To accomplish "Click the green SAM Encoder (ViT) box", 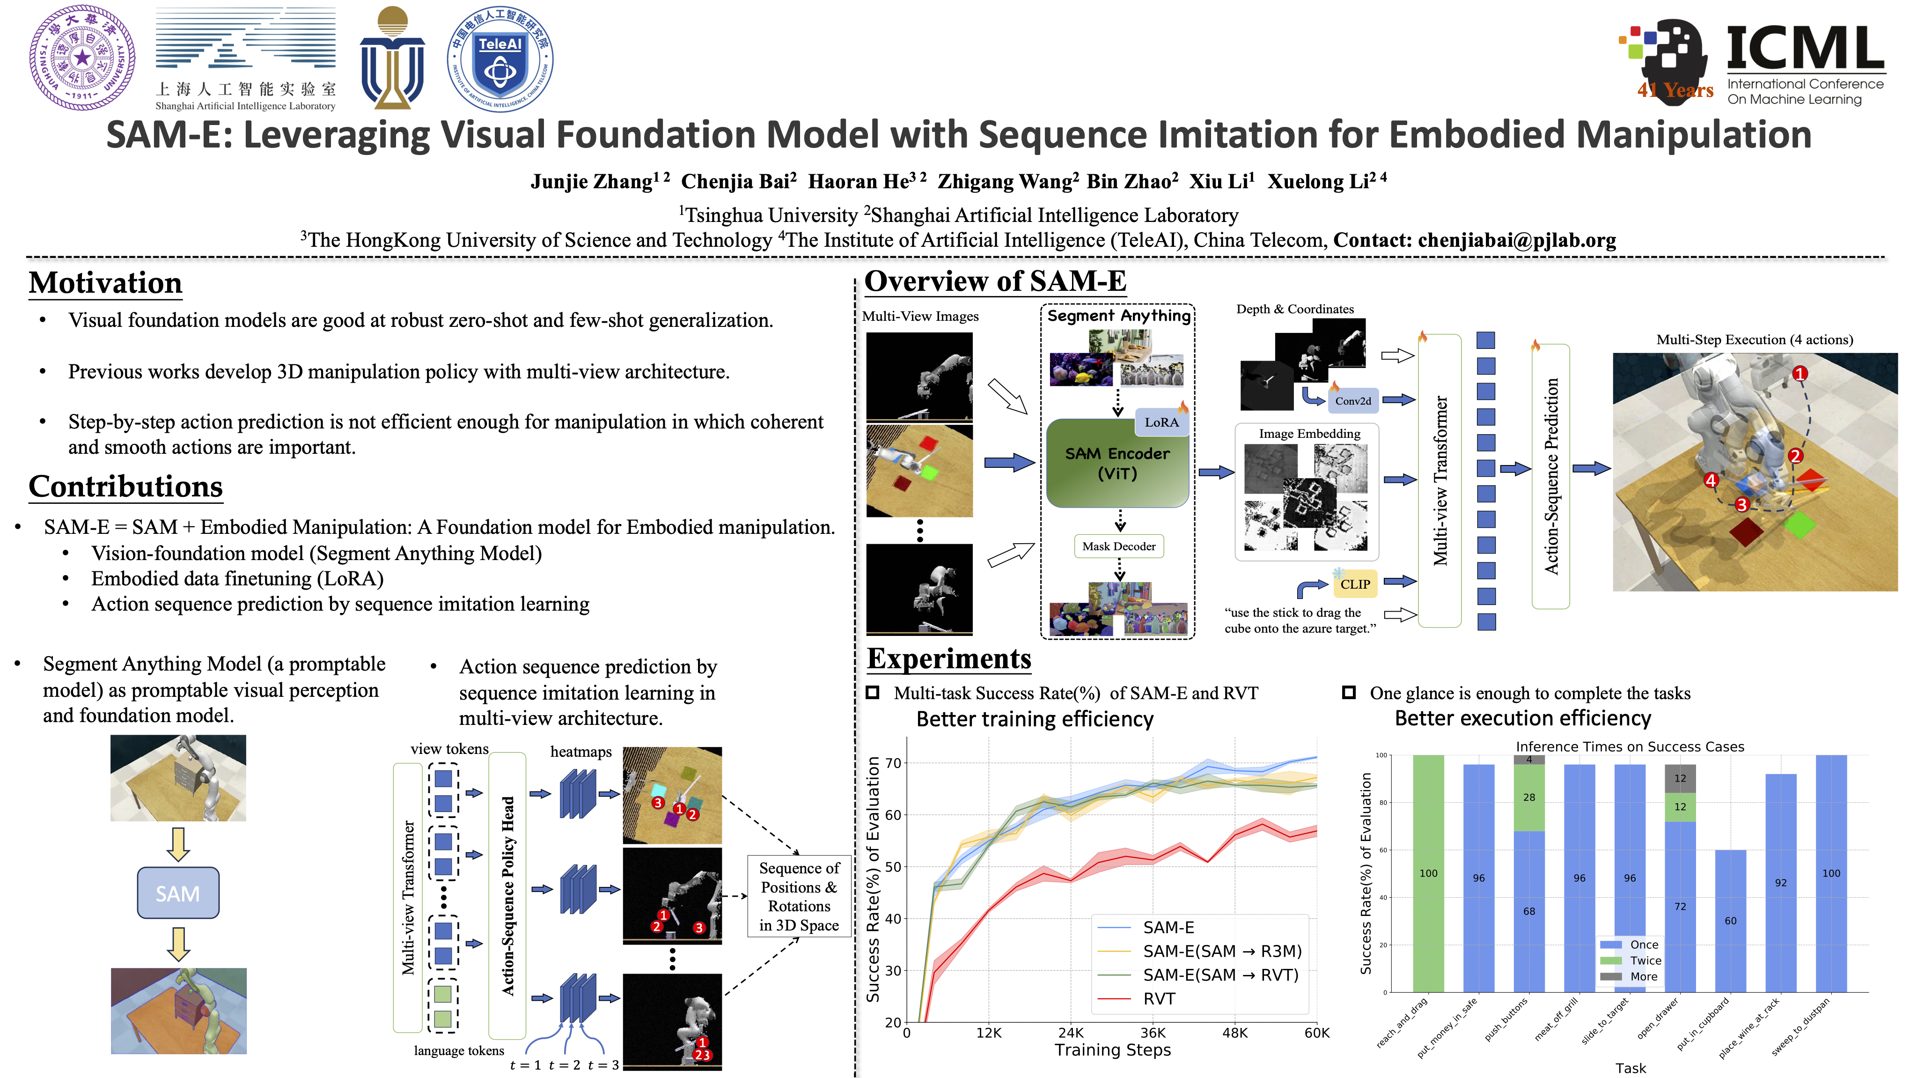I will pyautogui.click(x=1117, y=463).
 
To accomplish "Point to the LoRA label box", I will pyautogui.click(x=1161, y=422).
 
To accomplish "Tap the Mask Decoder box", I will pyautogui.click(x=1118, y=546).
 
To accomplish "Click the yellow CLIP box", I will pyautogui.click(x=1354, y=584).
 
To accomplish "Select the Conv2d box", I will pyautogui.click(x=1352, y=400).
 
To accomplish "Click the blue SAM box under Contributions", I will pyautogui.click(x=178, y=893).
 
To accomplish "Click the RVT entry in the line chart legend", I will pyautogui.click(x=1159, y=999).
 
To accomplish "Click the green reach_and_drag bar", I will pyautogui.click(x=1427, y=872).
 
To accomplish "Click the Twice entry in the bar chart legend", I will pyautogui.click(x=1645, y=960).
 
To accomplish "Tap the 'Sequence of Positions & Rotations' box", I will pyautogui.click(x=799, y=896).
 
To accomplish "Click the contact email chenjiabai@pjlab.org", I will pyautogui.click(x=1517, y=240).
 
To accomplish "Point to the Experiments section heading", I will pyautogui.click(x=949, y=659).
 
